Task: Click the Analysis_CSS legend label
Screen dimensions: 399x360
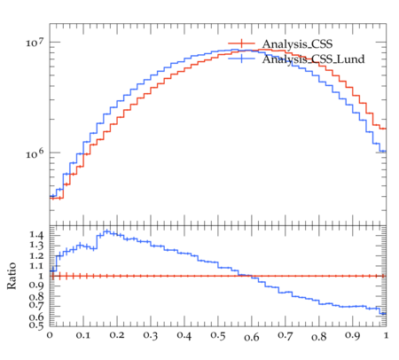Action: pyautogui.click(x=297, y=44)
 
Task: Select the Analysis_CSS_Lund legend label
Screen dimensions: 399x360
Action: pyautogui.click(x=313, y=59)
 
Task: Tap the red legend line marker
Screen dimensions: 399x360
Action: pyautogui.click(x=241, y=43)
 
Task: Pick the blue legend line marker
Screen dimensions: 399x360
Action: pyautogui.click(x=241, y=59)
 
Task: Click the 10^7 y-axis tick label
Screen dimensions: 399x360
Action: pyautogui.click(x=35, y=43)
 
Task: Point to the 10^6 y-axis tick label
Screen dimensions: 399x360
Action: pyautogui.click(x=35, y=153)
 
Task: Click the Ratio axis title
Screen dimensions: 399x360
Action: pyautogui.click(x=12, y=276)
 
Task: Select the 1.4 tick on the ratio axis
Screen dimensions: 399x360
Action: pyautogui.click(x=36, y=235)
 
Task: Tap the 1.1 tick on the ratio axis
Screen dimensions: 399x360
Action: pyautogui.click(x=36, y=266)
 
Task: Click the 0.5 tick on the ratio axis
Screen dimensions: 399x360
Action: pyautogui.click(x=36, y=325)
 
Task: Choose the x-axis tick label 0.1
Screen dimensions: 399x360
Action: pyautogui.click(x=83, y=336)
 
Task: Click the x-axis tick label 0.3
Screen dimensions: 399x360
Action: pyautogui.click(x=151, y=336)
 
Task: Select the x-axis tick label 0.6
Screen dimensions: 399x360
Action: pyautogui.click(x=252, y=336)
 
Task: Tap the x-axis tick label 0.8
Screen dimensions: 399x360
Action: pyautogui.click(x=319, y=336)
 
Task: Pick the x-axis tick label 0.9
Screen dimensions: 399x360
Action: pyautogui.click(x=353, y=336)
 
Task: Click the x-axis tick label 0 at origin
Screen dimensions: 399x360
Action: pyautogui.click(x=50, y=336)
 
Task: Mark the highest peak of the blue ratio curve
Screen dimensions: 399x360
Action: pyautogui.click(x=107, y=231)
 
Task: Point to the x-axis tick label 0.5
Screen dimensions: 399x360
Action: pyautogui.click(x=218, y=336)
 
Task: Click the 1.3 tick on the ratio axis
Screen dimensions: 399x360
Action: pyautogui.click(x=36, y=246)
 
